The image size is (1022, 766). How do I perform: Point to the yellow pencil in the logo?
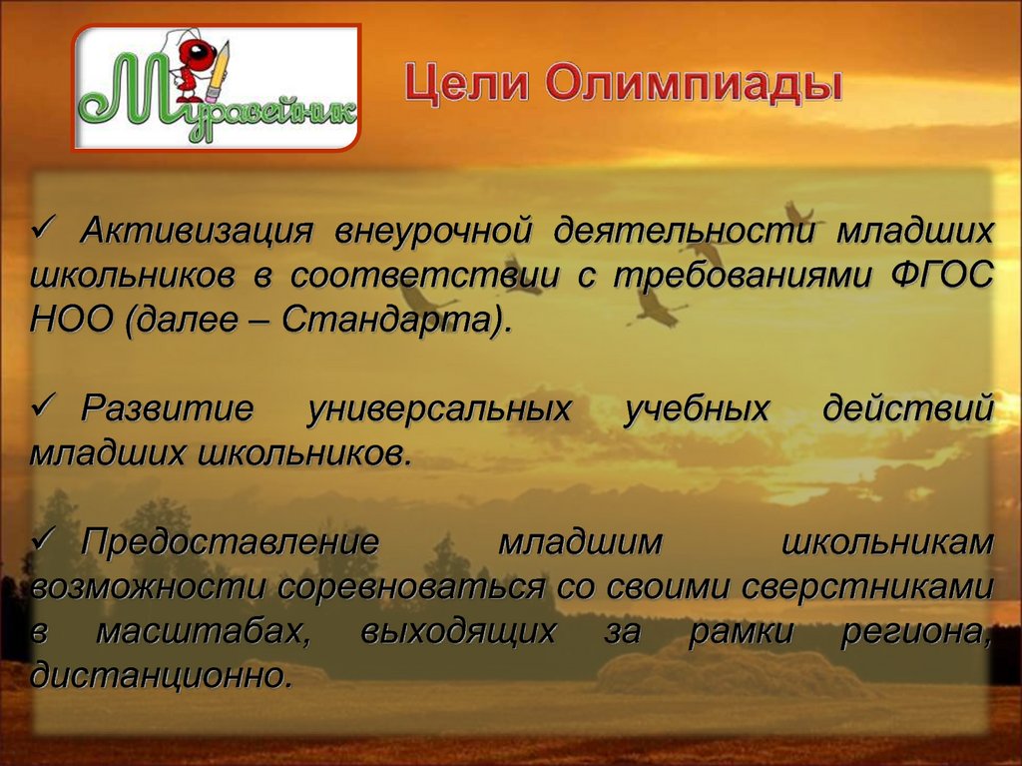(x=219, y=72)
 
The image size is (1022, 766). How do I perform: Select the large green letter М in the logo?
(x=140, y=91)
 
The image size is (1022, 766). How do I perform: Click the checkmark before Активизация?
(x=46, y=229)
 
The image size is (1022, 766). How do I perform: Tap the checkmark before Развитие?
(x=46, y=407)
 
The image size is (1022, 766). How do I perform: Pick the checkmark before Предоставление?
(x=46, y=540)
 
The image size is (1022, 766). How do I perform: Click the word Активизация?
(x=197, y=231)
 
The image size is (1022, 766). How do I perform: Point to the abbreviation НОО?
(x=71, y=320)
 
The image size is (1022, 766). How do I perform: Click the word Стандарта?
(x=387, y=321)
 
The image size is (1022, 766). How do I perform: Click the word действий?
(x=908, y=408)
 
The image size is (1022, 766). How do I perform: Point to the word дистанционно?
(x=160, y=675)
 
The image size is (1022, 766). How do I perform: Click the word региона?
(x=916, y=631)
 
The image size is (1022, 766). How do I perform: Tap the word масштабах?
(x=204, y=630)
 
